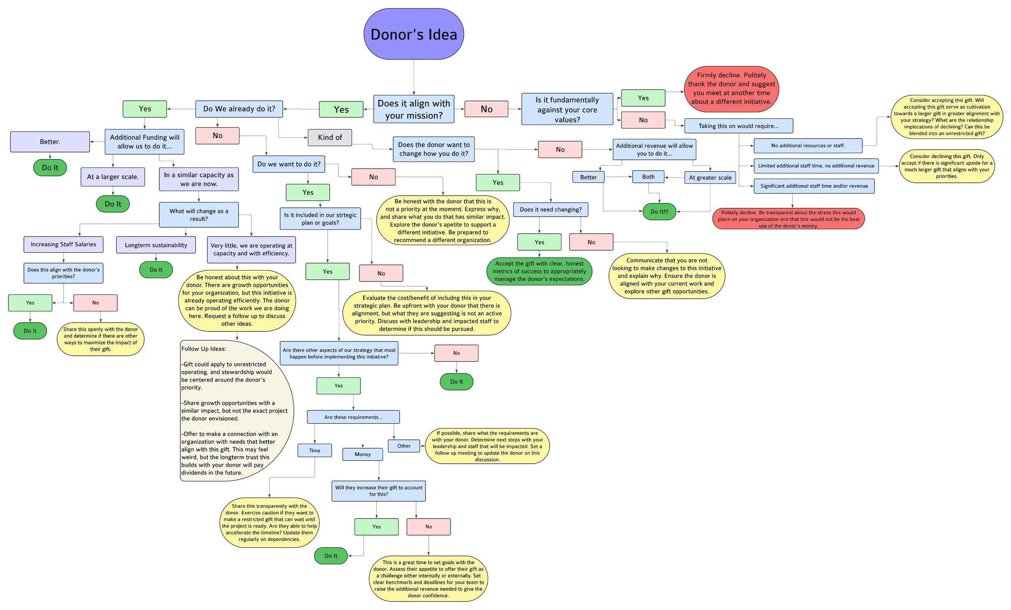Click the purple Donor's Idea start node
(414, 34)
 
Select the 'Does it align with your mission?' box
(414, 109)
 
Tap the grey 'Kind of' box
(330, 137)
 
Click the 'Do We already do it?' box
(239, 109)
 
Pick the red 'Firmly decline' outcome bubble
(731, 89)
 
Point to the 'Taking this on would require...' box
(738, 126)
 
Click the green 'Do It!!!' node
(659, 212)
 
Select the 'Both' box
(648, 177)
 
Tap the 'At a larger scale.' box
(112, 177)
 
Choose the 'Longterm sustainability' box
(156, 245)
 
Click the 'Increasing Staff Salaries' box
(63, 245)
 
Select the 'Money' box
(363, 454)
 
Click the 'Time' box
(315, 450)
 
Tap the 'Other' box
(404, 446)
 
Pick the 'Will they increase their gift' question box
(378, 491)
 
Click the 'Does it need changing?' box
(550, 210)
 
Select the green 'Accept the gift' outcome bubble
(539, 271)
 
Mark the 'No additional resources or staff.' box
(808, 146)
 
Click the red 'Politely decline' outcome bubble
(788, 219)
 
